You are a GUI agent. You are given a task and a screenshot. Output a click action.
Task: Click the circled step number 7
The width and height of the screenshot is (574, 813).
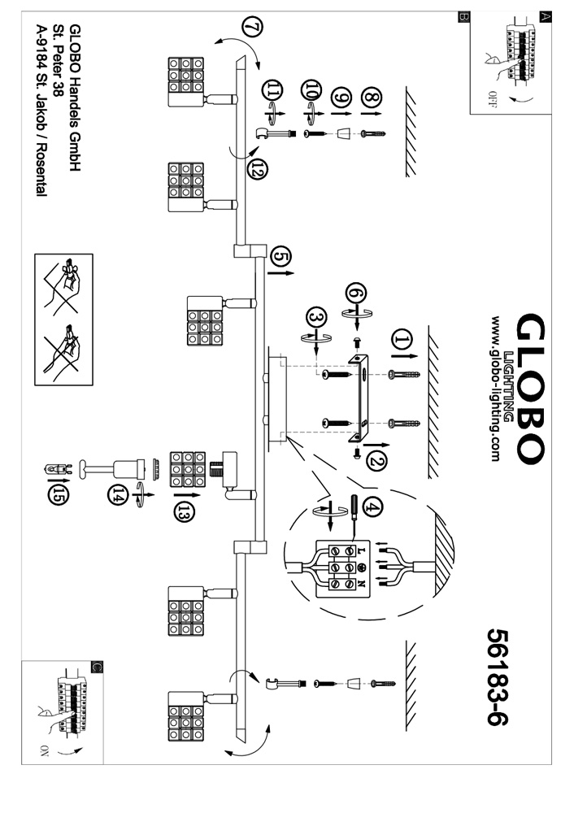(x=252, y=28)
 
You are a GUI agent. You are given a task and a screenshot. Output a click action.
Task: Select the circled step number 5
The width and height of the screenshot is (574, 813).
(x=280, y=257)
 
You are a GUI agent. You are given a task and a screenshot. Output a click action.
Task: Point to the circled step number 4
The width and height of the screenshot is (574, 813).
(x=372, y=507)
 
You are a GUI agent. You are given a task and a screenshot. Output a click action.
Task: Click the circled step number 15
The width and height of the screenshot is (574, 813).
(x=57, y=494)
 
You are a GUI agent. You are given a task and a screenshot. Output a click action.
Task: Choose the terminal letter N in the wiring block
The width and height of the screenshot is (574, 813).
(x=361, y=585)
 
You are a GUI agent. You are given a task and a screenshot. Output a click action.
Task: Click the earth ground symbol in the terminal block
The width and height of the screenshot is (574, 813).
(x=360, y=568)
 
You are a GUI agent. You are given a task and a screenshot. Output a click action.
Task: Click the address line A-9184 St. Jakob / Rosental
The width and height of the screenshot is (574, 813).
(x=40, y=111)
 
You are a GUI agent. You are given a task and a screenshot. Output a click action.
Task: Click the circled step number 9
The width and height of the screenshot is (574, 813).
(x=344, y=98)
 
